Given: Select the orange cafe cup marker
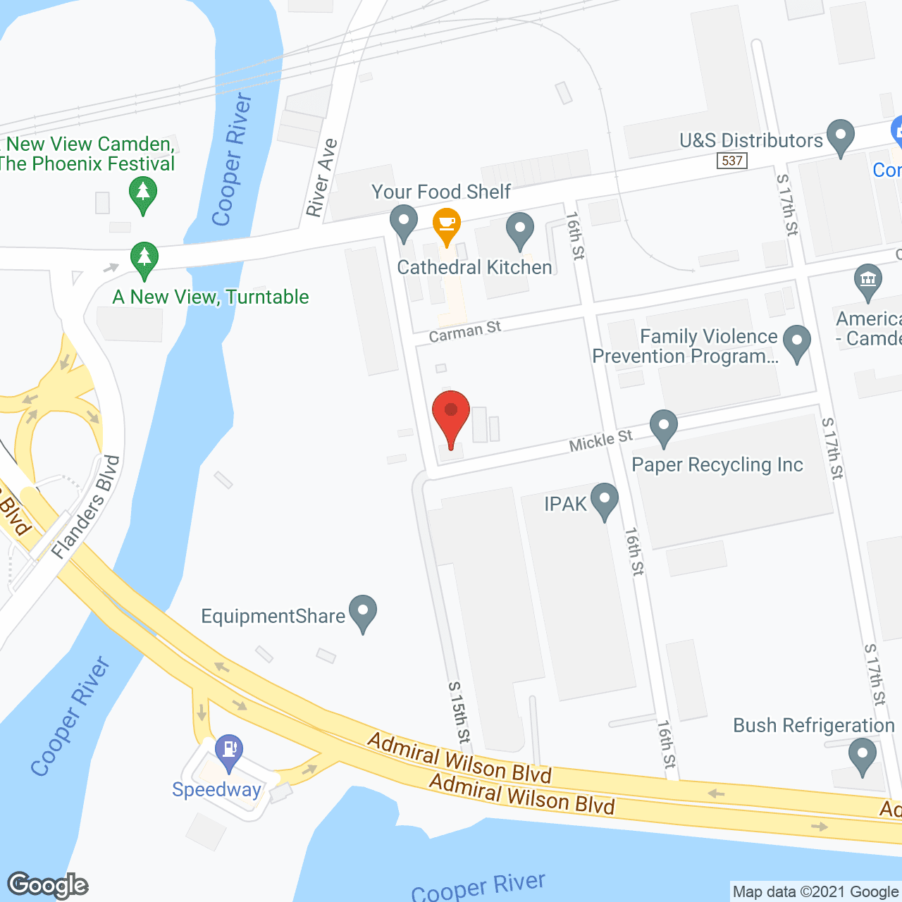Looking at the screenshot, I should (x=446, y=225).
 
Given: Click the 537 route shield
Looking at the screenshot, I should (x=732, y=161).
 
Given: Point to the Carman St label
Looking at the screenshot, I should (x=465, y=330).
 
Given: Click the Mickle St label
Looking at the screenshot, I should (x=600, y=441).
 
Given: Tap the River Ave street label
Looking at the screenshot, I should (x=321, y=178).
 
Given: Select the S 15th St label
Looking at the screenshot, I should (x=459, y=712).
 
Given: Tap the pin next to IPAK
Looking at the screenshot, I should (x=605, y=500).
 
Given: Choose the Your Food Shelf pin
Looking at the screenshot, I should (x=404, y=221).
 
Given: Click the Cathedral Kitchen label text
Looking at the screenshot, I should (x=474, y=268).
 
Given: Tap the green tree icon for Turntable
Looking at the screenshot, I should (x=144, y=259).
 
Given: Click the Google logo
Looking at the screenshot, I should (x=48, y=885).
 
